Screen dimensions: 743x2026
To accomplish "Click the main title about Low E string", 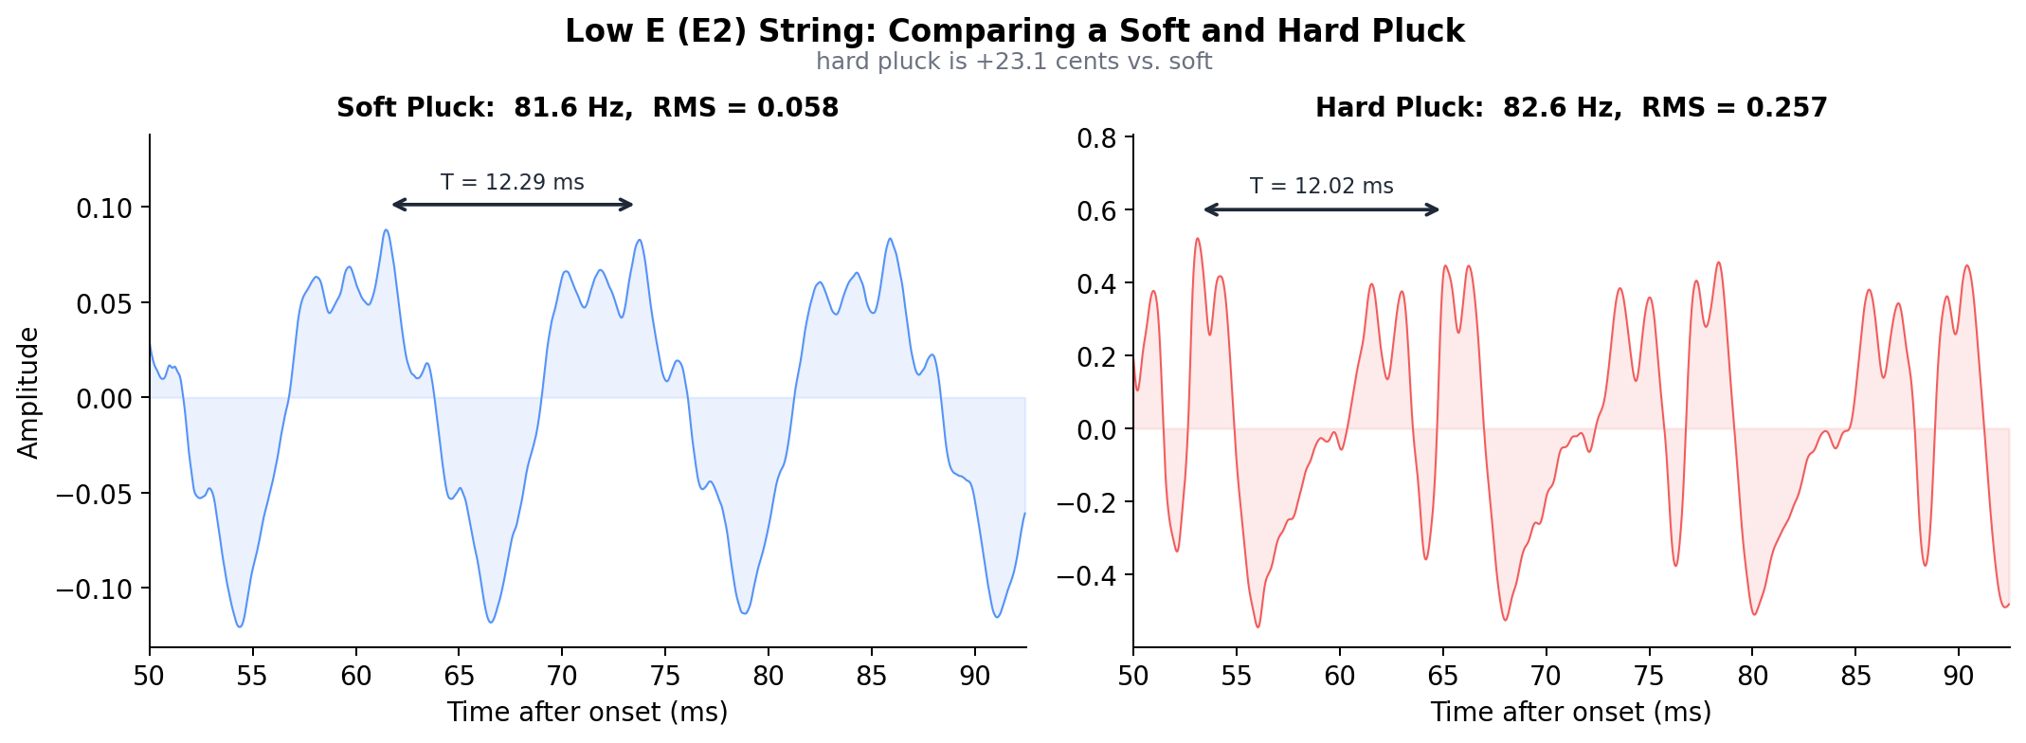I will coord(1014,31).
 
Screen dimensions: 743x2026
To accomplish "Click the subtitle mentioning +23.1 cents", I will coord(1014,63).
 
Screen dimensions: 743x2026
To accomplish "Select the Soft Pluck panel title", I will coord(588,108).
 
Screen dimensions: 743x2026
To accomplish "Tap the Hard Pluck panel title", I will coord(1571,108).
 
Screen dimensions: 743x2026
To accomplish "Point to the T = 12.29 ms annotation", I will coord(512,182).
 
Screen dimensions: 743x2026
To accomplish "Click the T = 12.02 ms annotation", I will coord(1321,187).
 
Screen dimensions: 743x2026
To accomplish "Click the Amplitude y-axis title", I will coord(29,392).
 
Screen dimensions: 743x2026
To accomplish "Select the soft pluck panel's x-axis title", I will coord(588,713).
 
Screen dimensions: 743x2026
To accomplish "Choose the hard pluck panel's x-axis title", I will coord(1571,713).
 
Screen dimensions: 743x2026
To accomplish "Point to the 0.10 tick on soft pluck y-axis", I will coord(104,208).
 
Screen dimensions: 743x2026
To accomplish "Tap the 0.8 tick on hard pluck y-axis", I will coord(1098,138).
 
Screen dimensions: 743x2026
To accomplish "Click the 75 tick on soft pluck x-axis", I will coord(665,676).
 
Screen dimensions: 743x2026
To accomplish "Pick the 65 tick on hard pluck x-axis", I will coord(1443,676).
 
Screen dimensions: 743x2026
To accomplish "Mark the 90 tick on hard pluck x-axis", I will coord(1959,676).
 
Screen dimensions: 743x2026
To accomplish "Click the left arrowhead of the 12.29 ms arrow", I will coord(396,205).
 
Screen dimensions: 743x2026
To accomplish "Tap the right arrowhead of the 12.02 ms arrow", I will coord(1436,210).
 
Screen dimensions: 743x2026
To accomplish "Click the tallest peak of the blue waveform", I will coord(386,230).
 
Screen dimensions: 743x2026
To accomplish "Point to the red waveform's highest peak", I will coord(1198,239).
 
